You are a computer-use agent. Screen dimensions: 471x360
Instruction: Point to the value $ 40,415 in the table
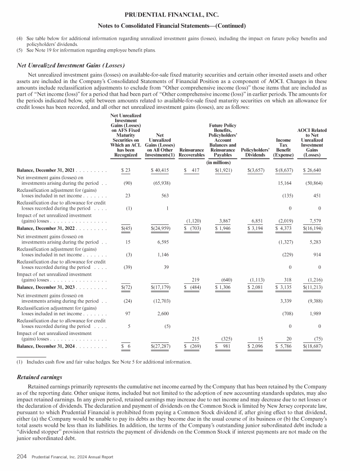point(160,170)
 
